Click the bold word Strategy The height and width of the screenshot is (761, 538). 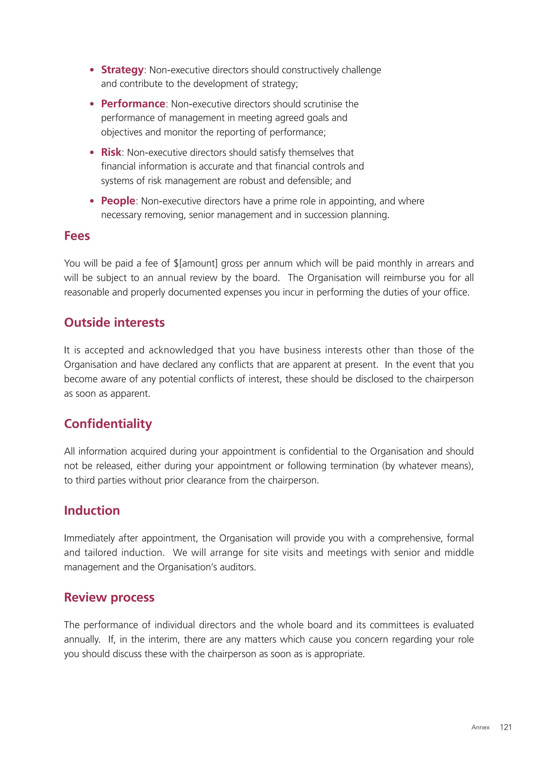[x=122, y=70]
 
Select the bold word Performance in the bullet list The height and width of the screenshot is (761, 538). [x=133, y=104]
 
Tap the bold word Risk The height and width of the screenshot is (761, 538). [x=111, y=152]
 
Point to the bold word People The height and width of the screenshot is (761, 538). [x=118, y=201]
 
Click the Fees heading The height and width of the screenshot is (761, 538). [x=77, y=236]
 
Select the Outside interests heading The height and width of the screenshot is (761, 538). [x=114, y=322]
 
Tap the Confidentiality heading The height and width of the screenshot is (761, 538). [x=108, y=424]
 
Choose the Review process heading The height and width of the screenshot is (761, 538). [x=109, y=597]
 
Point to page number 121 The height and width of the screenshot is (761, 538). [x=505, y=727]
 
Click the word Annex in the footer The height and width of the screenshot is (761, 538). [x=480, y=728]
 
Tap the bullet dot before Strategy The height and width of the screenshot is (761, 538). [x=92, y=70]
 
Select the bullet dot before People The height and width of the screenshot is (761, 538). [x=92, y=201]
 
